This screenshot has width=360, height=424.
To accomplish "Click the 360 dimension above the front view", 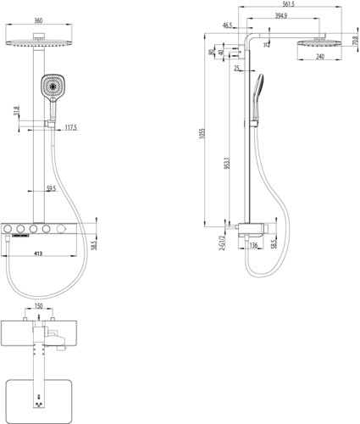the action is point(38,20).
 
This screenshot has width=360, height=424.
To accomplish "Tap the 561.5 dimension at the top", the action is point(289,4).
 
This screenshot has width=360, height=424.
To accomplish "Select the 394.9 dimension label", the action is point(281,15).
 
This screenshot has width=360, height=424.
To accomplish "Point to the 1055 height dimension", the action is point(202,133).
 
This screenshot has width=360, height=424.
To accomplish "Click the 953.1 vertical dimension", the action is point(228,163).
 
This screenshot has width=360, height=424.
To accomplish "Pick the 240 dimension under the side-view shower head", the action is point(320,57).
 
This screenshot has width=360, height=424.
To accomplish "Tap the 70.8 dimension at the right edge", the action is point(356,41).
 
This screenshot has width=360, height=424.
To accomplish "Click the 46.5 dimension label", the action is point(227,25).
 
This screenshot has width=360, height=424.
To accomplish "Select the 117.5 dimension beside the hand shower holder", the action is point(71,127).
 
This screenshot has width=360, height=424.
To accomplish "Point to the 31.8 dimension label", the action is point(16,110).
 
